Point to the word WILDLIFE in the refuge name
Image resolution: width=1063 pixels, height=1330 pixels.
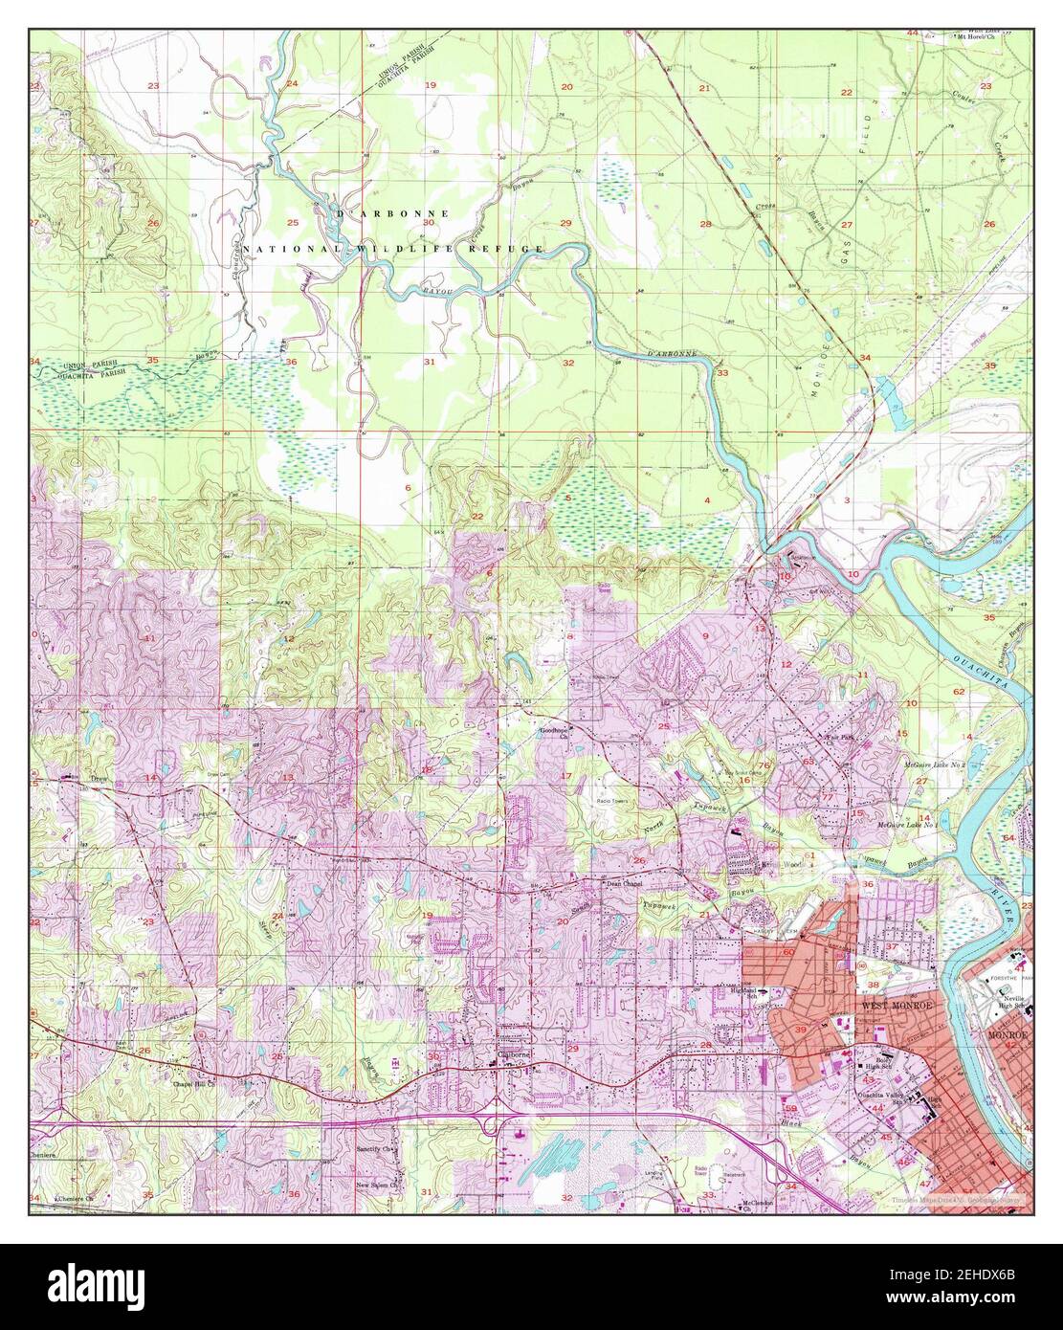click(x=395, y=249)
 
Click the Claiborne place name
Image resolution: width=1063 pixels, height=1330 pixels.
click(x=512, y=1056)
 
